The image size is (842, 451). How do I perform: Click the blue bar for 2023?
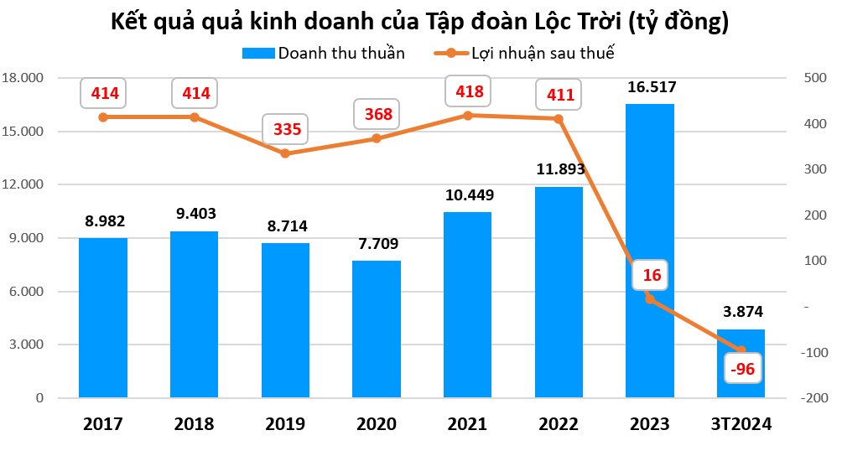(649, 251)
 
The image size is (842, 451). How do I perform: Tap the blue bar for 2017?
(103, 318)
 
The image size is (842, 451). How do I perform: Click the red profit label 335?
(287, 130)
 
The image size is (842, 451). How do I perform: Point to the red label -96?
(742, 370)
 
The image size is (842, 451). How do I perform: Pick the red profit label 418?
(468, 92)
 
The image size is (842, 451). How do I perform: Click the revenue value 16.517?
(650, 86)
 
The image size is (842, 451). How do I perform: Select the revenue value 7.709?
(377, 244)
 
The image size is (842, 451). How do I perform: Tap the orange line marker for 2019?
(285, 153)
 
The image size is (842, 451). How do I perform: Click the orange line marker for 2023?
(649, 298)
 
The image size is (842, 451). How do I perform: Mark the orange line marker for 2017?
(103, 117)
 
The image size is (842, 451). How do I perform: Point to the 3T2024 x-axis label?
(741, 424)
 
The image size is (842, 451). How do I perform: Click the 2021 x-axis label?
(467, 424)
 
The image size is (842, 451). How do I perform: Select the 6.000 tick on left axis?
(25, 292)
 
